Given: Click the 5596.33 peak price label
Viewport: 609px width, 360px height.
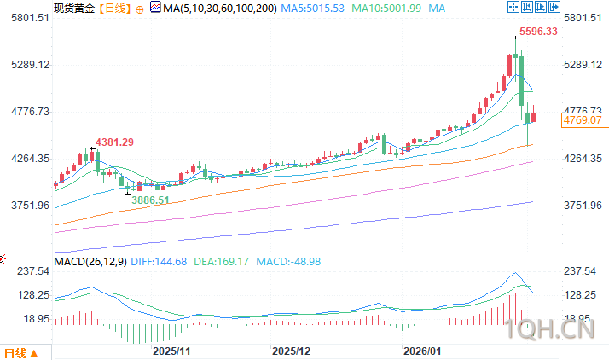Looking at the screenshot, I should click(x=541, y=32).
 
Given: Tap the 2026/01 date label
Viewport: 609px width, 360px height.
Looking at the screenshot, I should click(x=422, y=351).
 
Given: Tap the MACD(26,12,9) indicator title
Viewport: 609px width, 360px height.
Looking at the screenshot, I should click(x=90, y=260).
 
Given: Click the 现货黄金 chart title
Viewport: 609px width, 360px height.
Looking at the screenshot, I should click(x=72, y=8).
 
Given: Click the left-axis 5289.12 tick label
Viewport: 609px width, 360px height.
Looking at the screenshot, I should click(x=25, y=65).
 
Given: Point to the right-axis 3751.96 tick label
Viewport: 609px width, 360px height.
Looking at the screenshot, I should click(x=583, y=206).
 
